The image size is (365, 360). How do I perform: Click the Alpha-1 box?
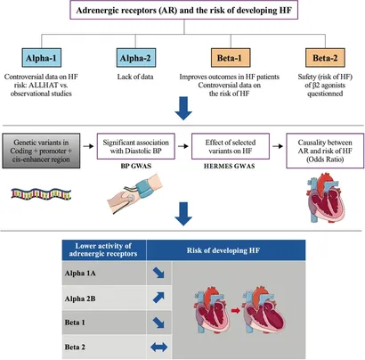pos(42,58)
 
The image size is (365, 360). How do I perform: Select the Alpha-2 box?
pos(136,58)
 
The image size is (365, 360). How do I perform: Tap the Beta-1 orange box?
pos(231,58)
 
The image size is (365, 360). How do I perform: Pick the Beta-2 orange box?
pos(325,58)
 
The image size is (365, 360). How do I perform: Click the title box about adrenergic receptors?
pos(184,11)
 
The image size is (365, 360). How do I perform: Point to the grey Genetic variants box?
pos(41,151)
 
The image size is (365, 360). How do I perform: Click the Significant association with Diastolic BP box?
pos(136,146)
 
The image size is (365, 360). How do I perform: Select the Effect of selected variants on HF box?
pos(231,146)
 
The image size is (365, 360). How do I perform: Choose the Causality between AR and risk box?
pos(325,151)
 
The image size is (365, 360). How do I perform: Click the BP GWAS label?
pos(136,166)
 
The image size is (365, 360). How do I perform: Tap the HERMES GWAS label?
pos(230,166)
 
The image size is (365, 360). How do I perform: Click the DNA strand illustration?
pos(41,193)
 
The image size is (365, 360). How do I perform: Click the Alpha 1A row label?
pos(80,274)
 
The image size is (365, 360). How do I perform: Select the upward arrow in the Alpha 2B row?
pos(158,298)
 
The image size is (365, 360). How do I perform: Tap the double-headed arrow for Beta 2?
pos(159,347)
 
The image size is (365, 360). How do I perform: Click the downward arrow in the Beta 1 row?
pos(158,323)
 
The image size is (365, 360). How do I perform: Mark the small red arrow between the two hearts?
pos(236,311)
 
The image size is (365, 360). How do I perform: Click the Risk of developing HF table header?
pos(223,250)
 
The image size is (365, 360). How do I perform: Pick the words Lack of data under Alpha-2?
pos(135,77)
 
